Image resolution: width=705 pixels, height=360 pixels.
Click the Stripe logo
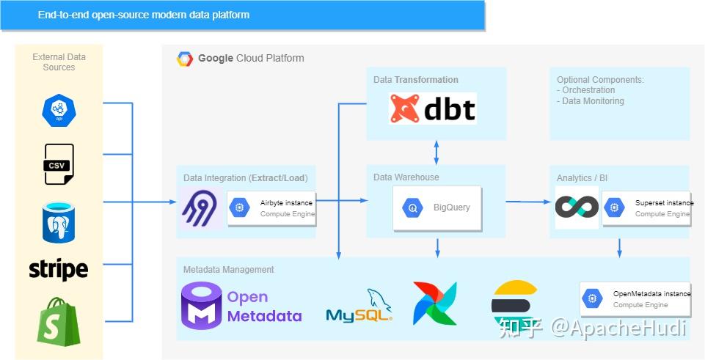click(59, 270)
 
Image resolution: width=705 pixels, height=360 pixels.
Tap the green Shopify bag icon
click(59, 321)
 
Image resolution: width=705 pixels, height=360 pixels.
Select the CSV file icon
click(59, 164)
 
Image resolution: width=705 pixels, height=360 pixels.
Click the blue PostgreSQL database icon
click(59, 222)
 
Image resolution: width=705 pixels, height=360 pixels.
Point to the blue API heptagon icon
click(59, 110)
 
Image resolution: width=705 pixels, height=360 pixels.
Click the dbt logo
click(433, 109)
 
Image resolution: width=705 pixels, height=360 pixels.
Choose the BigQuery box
click(437, 208)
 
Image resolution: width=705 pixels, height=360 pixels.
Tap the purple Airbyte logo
click(200, 208)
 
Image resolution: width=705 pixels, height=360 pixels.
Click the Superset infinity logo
click(577, 207)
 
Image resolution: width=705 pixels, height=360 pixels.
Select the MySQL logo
click(359, 306)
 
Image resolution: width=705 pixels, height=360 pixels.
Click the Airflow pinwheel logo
click(435, 303)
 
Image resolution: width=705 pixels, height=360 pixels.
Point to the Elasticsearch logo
click(514, 304)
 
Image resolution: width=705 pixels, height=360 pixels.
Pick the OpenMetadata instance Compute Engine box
click(635, 299)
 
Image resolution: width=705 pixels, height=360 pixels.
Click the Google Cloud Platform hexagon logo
click(185, 59)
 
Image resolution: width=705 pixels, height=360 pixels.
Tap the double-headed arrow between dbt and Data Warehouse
click(436, 153)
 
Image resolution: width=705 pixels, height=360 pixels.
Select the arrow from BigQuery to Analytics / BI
click(528, 202)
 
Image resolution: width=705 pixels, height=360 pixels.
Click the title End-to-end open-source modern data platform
click(144, 15)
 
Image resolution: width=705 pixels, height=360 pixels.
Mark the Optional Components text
click(600, 90)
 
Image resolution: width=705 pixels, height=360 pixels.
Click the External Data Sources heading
click(59, 62)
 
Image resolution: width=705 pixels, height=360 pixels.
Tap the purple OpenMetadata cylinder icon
click(202, 306)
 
